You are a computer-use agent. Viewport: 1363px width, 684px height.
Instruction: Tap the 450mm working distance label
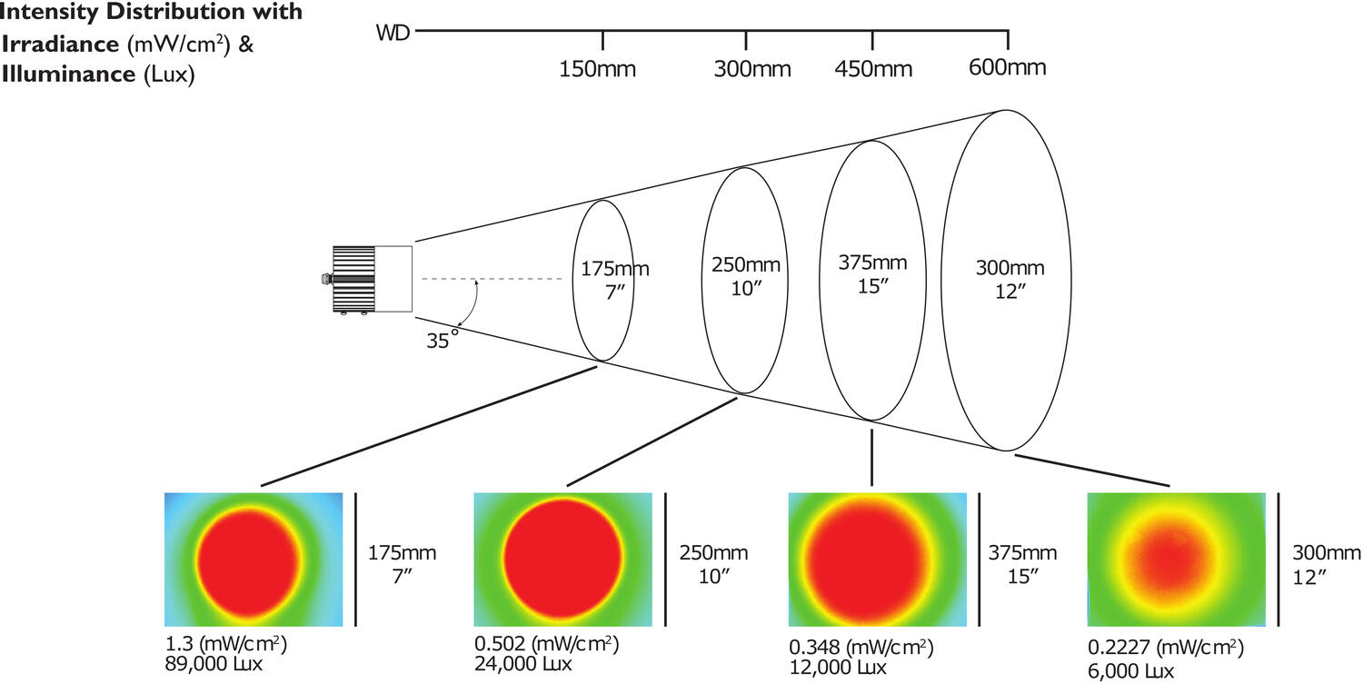click(872, 70)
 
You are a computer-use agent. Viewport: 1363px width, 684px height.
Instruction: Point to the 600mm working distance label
click(1007, 68)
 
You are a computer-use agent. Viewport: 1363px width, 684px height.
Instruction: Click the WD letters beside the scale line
click(393, 34)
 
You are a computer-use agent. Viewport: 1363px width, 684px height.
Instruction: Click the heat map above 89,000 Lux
click(253, 560)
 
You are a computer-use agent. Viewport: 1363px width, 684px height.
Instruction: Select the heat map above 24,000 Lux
click(563, 560)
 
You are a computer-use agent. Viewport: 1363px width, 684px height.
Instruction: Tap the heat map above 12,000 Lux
click(877, 560)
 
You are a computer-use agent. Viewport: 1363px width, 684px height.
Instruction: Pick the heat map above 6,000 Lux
click(1176, 560)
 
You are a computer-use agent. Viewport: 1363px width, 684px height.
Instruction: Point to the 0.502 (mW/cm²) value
click(546, 645)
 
